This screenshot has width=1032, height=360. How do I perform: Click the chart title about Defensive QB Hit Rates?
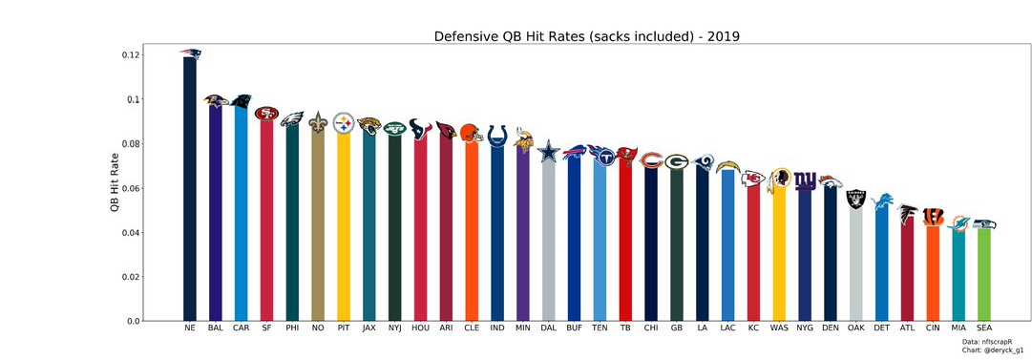pos(587,36)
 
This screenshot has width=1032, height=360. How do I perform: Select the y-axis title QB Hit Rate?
pos(115,180)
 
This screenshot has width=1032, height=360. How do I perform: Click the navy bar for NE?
pos(190,191)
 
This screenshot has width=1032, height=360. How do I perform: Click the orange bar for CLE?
pos(471,229)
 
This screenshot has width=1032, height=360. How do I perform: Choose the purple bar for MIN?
pos(522,234)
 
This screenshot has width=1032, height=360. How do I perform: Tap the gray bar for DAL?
pos(548,239)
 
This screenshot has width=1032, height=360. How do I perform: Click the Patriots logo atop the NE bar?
pos(190,53)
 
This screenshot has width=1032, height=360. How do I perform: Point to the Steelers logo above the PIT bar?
pos(344,123)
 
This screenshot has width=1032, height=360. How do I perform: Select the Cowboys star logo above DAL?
pos(548,151)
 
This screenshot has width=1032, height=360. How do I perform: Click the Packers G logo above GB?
pos(676,161)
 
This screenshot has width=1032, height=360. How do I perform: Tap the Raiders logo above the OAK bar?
pos(856,198)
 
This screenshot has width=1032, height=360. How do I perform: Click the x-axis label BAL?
pos(215,328)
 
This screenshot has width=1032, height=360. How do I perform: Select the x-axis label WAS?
pos(779,328)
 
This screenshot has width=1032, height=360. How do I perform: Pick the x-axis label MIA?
pos(958,328)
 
